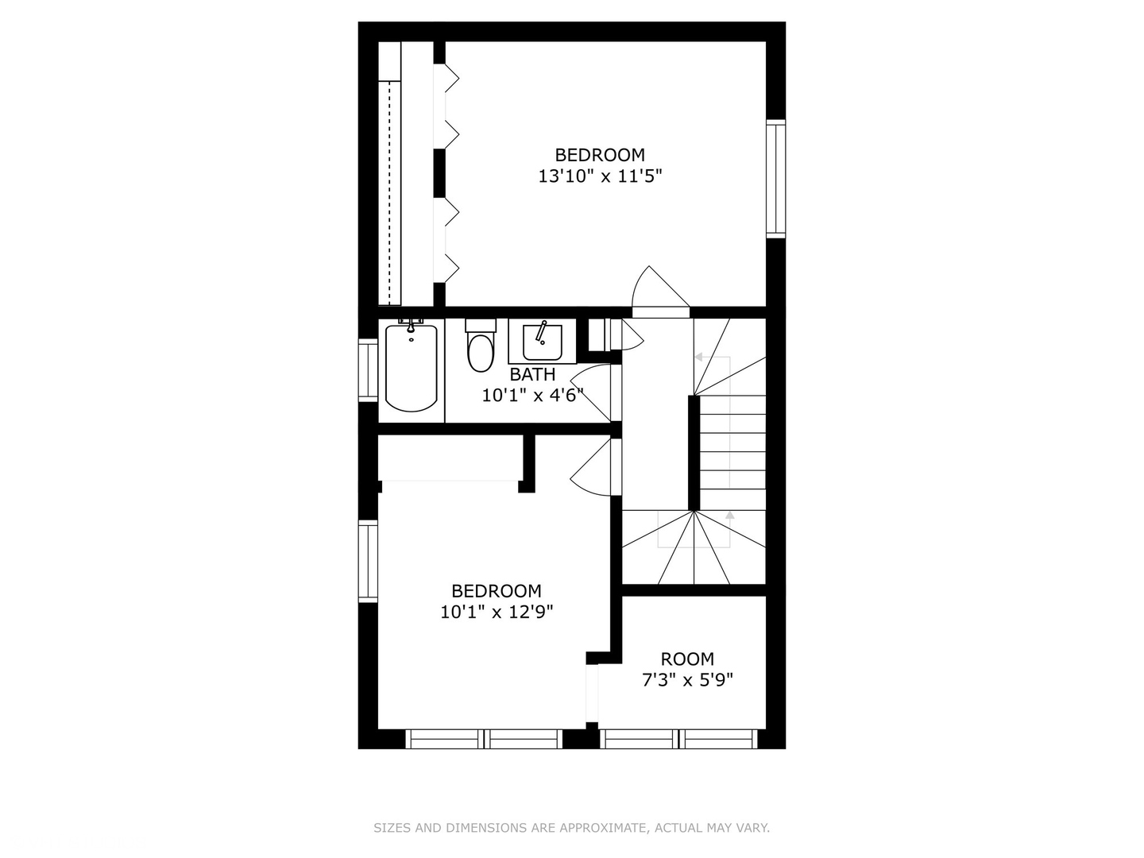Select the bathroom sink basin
click(543, 342)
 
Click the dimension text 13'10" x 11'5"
click(600, 176)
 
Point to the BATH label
click(532, 374)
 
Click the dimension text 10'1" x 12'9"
click(497, 612)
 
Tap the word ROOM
click(687, 659)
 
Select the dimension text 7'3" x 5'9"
click(687, 680)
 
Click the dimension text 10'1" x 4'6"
click(532, 395)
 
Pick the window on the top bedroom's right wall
click(775, 179)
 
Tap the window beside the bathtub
click(368, 369)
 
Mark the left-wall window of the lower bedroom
click(368, 561)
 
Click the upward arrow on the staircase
click(729, 516)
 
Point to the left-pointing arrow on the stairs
click(699, 357)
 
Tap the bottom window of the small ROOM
click(678, 740)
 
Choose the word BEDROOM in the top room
click(600, 155)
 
